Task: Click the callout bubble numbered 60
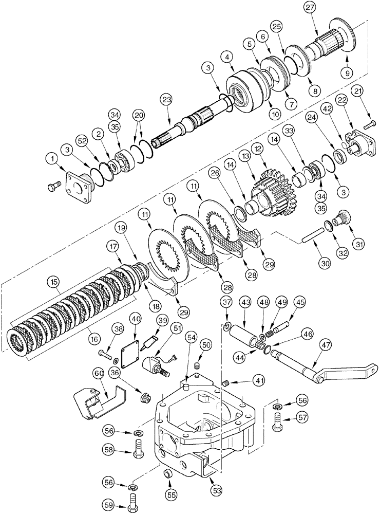click(x=100, y=372)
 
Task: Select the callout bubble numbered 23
click(x=165, y=99)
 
